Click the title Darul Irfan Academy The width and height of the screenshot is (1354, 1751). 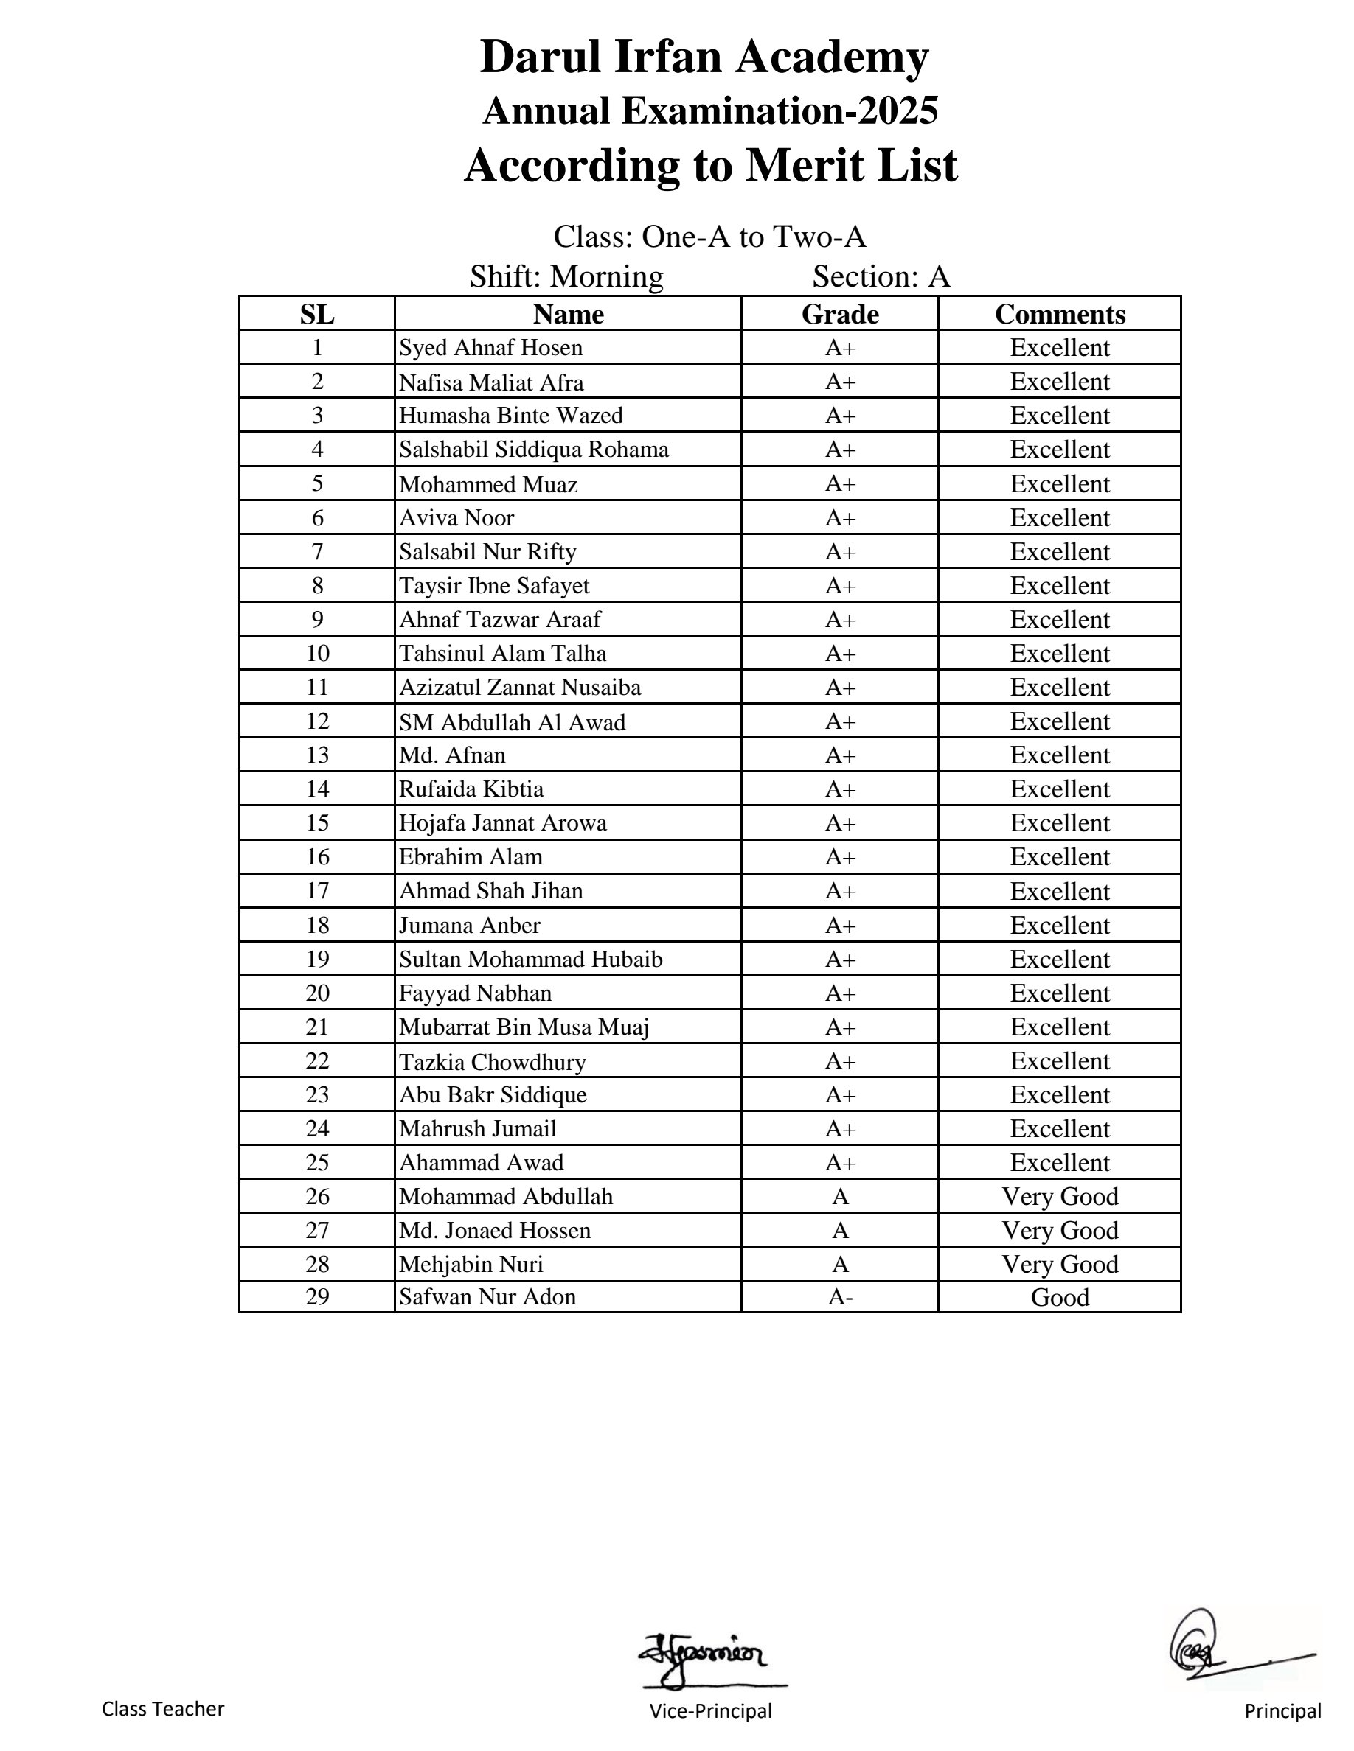[704, 57]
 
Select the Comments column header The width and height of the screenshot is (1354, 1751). [1060, 314]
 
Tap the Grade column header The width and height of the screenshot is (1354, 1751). [840, 314]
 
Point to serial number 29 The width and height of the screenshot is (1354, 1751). [317, 1296]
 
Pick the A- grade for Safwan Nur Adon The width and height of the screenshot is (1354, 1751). [840, 1297]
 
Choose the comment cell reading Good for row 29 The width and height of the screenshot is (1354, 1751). [1060, 1297]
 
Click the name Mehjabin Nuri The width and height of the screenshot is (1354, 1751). [471, 1265]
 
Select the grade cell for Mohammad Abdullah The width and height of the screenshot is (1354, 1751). [840, 1196]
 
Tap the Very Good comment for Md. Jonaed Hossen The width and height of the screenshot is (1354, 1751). [1060, 1230]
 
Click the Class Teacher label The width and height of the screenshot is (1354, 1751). [163, 1708]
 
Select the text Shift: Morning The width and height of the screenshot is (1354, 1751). [566, 276]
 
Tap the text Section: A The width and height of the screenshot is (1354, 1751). [881, 276]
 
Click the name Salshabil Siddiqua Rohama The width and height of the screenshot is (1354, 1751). [533, 450]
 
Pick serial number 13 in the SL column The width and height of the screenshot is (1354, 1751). [317, 755]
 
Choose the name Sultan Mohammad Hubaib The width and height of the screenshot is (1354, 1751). [530, 959]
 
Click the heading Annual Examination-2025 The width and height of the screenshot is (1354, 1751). [710, 111]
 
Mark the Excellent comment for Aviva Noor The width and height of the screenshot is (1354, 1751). [1060, 518]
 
